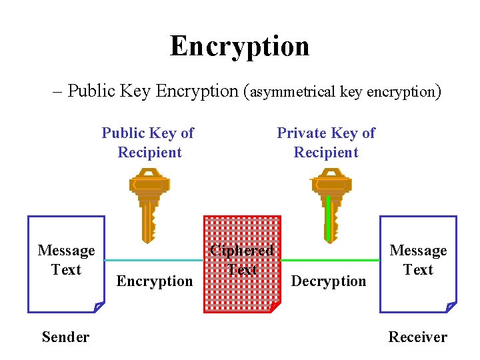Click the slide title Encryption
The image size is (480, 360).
239,46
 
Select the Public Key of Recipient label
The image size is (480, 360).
148,143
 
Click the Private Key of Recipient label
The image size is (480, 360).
326,143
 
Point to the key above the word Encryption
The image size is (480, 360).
149,203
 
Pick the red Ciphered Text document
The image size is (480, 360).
241,263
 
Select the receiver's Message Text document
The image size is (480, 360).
418,263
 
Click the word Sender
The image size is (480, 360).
65,337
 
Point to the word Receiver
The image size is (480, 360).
418,337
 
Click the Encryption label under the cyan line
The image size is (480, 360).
155,281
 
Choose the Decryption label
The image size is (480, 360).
329,281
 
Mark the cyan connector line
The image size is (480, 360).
153,259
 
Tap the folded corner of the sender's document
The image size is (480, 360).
99,307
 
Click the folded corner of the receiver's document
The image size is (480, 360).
451,307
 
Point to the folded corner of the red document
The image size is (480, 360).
275,307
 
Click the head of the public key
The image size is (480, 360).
149,181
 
